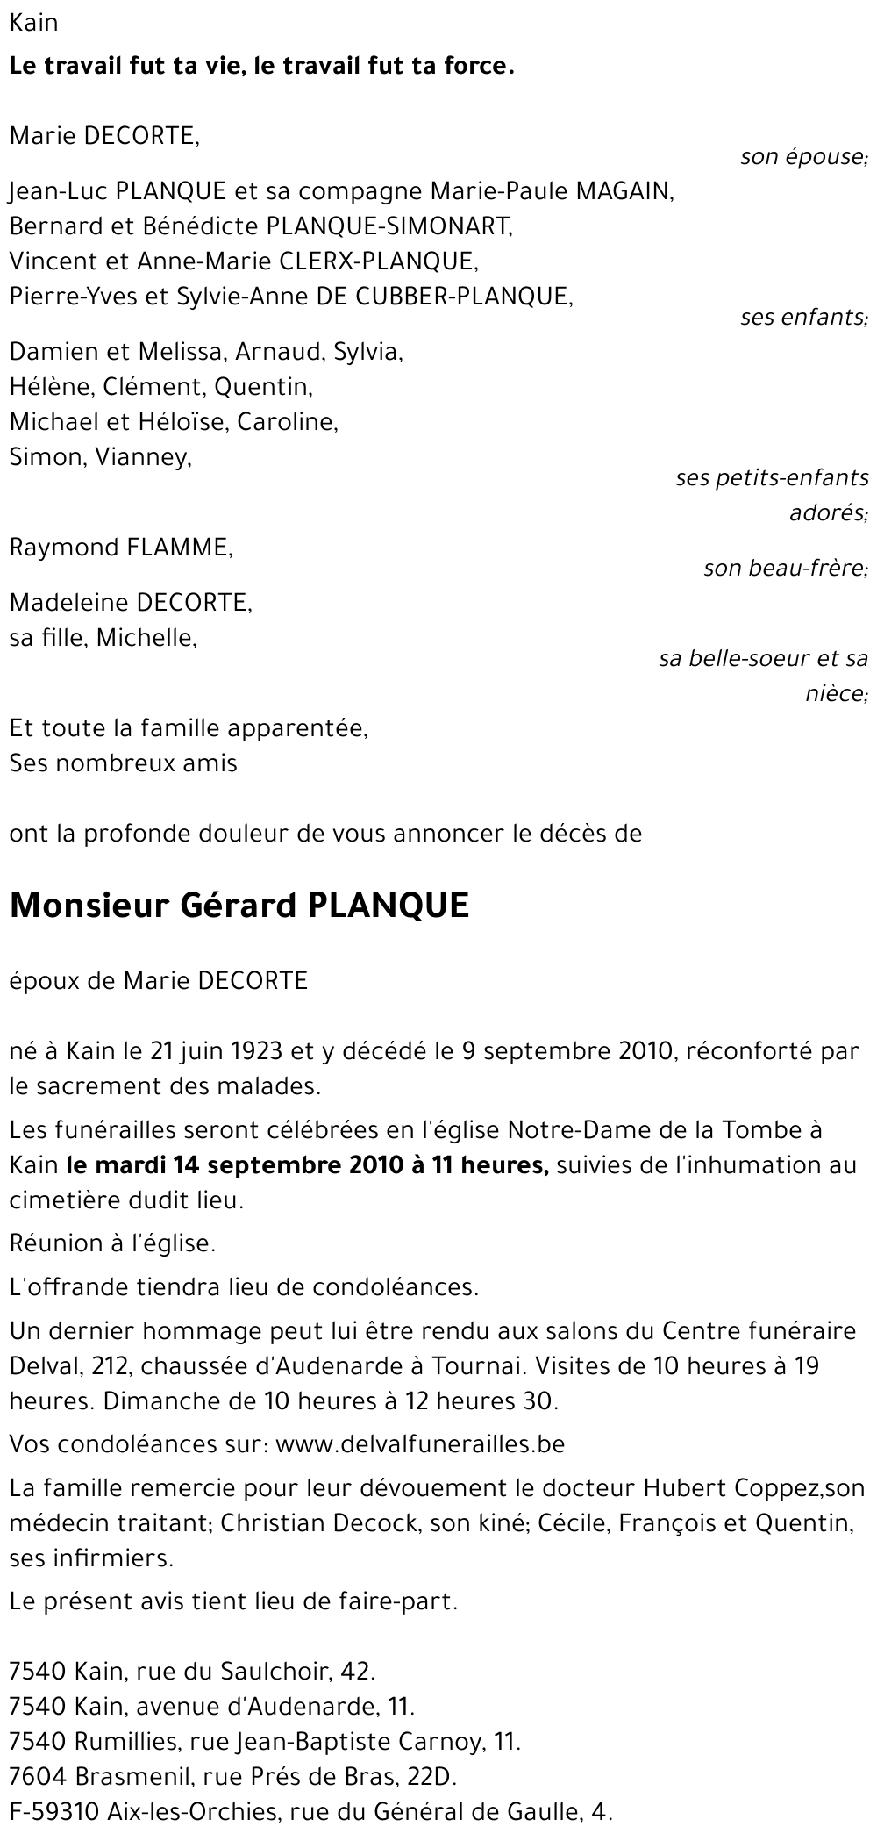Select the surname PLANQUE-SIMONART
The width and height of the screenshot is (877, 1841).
pos(388,226)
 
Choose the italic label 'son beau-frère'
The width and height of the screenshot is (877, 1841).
pos(785,569)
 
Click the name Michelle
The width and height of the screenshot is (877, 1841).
pos(146,638)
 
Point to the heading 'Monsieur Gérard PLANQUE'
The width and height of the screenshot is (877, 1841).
pos(239,906)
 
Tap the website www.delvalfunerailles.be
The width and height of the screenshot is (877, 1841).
pos(420,1443)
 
